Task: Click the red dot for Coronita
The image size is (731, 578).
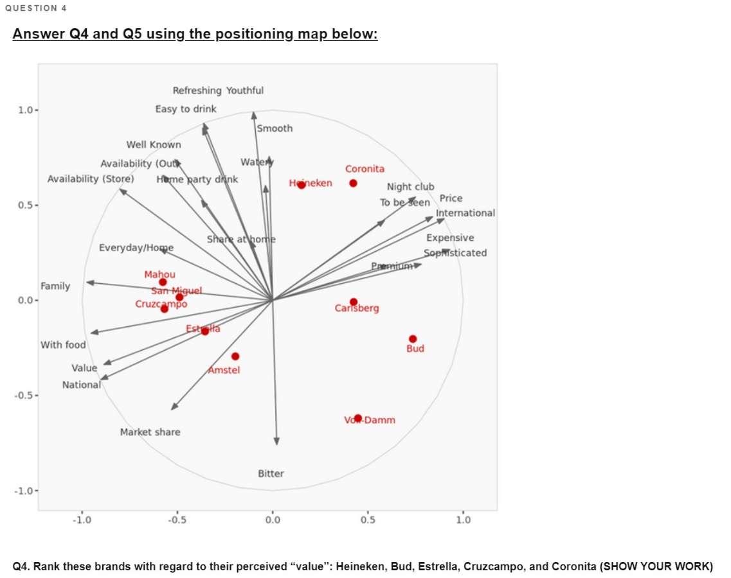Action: (353, 184)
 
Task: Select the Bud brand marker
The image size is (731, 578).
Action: (413, 339)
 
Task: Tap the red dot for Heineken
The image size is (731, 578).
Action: (302, 185)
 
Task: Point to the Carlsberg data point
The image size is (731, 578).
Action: (354, 302)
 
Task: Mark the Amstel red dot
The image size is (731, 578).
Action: (235, 356)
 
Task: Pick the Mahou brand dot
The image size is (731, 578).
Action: (163, 282)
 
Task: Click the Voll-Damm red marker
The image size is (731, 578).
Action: (358, 418)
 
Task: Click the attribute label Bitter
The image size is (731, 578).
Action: (271, 474)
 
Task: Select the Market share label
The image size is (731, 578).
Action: (150, 432)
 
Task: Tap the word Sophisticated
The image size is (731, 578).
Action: (455, 253)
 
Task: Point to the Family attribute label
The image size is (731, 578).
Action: (55, 286)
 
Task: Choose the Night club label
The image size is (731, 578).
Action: (410, 187)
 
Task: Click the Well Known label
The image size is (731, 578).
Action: (154, 145)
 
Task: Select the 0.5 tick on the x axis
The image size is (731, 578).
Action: (368, 520)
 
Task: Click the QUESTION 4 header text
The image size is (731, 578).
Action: (35, 8)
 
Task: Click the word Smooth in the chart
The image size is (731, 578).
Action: (275, 128)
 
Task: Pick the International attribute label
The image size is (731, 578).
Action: (465, 213)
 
